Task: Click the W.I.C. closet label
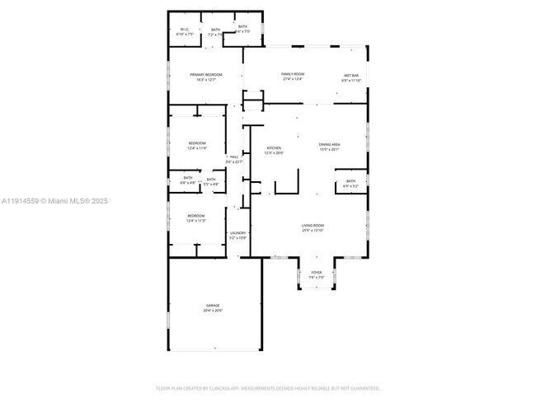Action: pos(186,30)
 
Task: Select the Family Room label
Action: pos(294,74)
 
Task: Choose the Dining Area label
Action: pos(329,145)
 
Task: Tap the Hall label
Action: pos(234,157)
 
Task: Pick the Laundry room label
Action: pos(237,232)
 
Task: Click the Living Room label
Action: pos(313,225)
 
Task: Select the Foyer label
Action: pos(317,272)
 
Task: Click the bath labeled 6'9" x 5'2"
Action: pos(350,181)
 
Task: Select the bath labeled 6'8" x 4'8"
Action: pos(188,179)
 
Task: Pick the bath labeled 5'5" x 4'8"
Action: pos(211,180)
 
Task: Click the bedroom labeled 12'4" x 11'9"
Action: pos(196,143)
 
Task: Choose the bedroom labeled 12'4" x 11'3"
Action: pos(195,216)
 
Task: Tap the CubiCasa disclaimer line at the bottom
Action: pos(268,387)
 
